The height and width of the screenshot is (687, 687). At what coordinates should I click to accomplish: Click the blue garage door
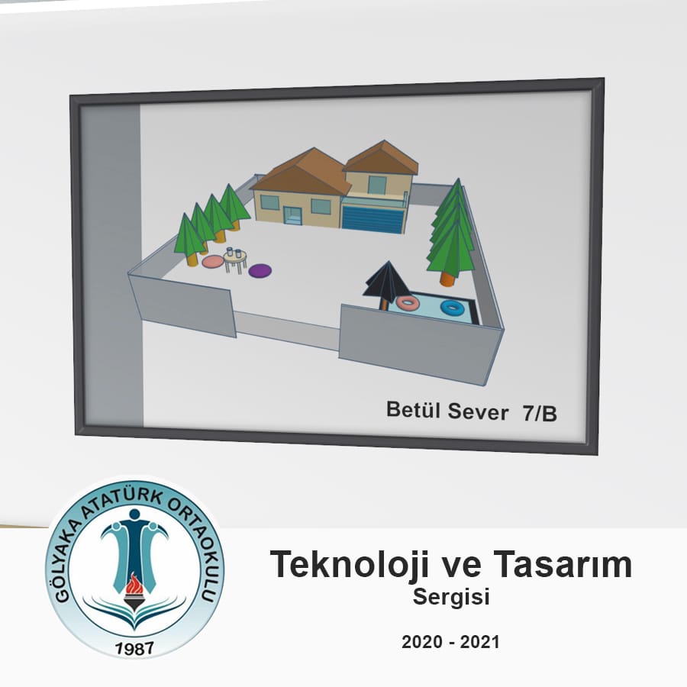(373, 219)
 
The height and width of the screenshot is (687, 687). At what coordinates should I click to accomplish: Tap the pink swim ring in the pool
(408, 302)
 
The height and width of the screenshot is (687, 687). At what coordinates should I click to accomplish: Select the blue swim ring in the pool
(452, 307)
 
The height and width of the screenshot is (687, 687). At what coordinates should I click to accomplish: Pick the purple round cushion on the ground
(260, 270)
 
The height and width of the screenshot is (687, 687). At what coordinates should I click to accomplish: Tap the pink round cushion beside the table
(214, 262)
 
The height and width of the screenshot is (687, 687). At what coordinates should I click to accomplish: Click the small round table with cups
(235, 260)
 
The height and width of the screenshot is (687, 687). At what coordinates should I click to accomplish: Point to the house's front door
(292, 215)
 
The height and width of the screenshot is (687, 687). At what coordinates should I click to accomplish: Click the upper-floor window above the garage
(377, 185)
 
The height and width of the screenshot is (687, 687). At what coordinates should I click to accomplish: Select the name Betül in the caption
(414, 410)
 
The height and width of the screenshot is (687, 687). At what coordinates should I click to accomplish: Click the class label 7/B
(540, 413)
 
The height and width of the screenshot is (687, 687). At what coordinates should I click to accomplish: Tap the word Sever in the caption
(478, 412)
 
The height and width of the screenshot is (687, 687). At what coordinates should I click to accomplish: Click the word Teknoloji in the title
(349, 565)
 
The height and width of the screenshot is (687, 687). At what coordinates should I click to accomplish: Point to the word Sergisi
(451, 597)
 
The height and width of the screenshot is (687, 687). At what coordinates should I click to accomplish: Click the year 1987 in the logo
(134, 648)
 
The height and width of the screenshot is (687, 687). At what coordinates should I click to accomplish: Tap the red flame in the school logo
(133, 582)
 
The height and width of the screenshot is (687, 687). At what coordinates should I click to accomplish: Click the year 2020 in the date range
(422, 642)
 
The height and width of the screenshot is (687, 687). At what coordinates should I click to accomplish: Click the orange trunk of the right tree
(449, 279)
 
